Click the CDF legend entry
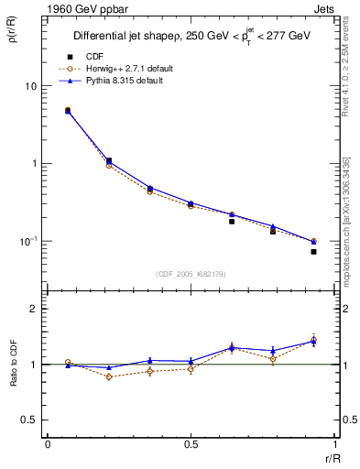(x=118, y=57)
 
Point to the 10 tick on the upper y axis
(x=30, y=86)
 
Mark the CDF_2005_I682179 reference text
(x=190, y=275)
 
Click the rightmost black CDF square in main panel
(x=313, y=251)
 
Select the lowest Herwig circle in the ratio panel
(x=109, y=376)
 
